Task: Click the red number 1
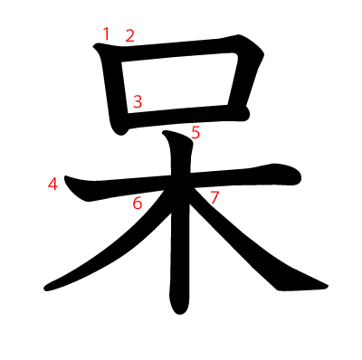106,33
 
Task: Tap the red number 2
129,36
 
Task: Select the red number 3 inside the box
137,102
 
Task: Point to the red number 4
53,185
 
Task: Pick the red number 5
195,133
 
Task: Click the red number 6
138,204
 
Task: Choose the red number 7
214,197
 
